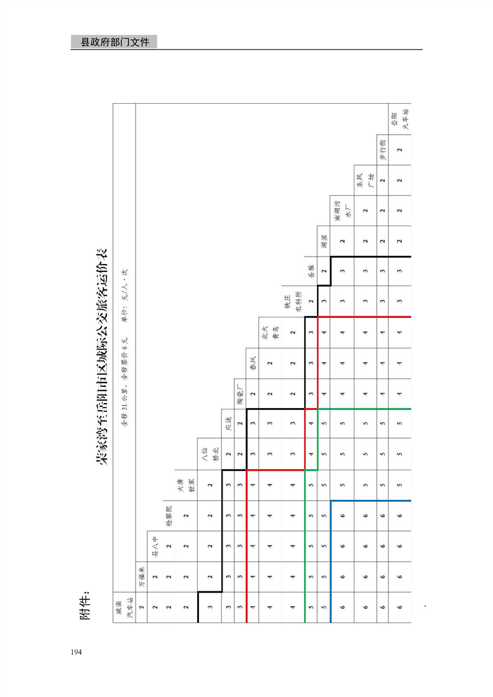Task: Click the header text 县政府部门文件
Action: tap(115, 42)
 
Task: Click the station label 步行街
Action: tap(382, 150)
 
